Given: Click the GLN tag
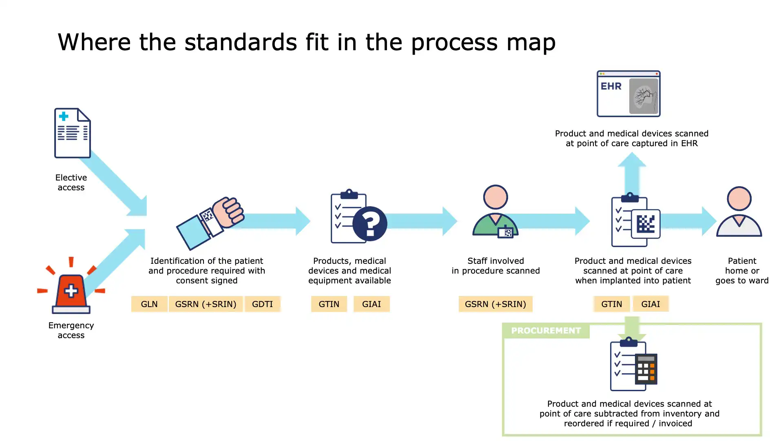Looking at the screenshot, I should [149, 304].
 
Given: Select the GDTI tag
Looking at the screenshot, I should [262, 304].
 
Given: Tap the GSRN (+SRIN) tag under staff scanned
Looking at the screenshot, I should [495, 304].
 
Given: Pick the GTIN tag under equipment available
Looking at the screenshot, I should [329, 304].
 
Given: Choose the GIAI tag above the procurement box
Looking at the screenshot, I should [650, 304].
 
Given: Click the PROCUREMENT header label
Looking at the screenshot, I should [546, 331].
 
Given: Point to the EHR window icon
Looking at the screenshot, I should [628, 94].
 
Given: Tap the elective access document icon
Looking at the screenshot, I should [72, 133].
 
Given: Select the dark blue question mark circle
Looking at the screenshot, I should [370, 223].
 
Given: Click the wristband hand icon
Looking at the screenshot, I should [210, 223].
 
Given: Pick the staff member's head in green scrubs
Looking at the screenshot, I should [495, 197].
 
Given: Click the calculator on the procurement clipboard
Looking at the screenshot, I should [646, 369].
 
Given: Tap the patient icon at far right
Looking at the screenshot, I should [739, 212].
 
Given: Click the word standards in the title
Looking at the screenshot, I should [241, 42].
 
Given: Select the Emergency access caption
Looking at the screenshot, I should [71, 330].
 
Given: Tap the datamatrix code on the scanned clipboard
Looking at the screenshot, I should [646, 224].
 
